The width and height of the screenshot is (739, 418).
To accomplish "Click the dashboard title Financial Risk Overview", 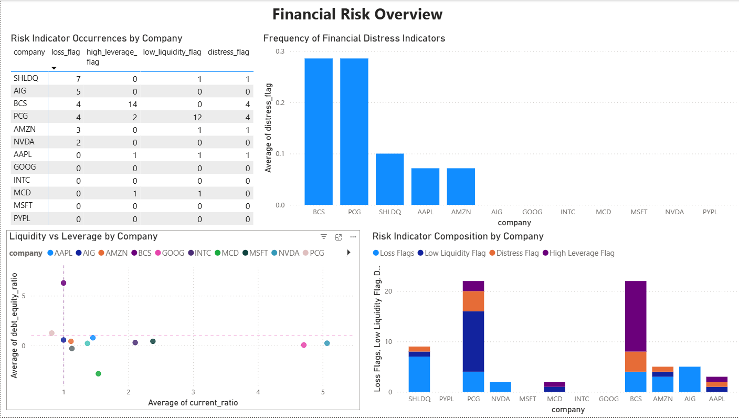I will click(x=357, y=14).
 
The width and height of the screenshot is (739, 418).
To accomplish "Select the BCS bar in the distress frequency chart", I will click(x=319, y=131).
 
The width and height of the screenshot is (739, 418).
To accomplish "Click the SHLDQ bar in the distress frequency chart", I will click(x=389, y=179).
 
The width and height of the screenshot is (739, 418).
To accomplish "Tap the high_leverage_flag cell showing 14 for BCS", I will click(x=134, y=104).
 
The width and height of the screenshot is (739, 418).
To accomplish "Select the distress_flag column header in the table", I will click(x=228, y=52).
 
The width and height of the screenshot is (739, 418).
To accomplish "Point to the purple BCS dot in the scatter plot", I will click(x=64, y=283).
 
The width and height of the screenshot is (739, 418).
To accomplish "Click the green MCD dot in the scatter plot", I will click(x=98, y=374).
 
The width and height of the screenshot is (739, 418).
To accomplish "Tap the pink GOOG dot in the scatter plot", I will click(x=303, y=345).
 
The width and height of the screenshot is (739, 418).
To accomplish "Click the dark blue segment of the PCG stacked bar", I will click(x=473, y=341).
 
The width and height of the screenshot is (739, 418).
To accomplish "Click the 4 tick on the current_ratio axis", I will click(x=258, y=392).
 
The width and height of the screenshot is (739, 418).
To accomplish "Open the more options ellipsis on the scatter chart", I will click(x=353, y=237).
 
